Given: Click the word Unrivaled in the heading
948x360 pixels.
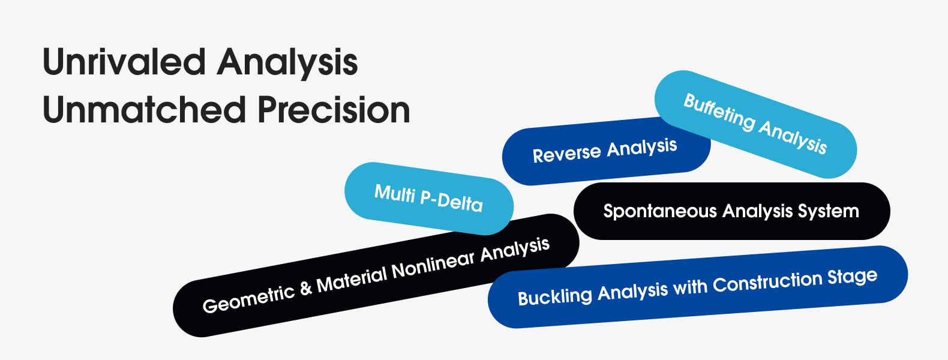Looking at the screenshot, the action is (124, 62).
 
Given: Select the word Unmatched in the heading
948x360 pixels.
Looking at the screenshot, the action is (145, 110).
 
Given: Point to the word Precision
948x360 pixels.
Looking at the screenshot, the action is (334, 110).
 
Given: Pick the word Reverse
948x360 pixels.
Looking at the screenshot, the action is (566, 153).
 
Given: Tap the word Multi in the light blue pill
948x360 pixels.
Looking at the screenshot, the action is (395, 194).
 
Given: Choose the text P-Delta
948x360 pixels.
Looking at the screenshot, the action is (451, 202).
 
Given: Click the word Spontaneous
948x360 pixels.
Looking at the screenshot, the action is (660, 211).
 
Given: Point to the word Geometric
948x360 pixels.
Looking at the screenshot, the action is (249, 299).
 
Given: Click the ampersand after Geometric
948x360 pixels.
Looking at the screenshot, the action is (305, 287).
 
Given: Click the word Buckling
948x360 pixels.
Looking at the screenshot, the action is (555, 297).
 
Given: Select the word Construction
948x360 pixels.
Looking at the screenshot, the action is (767, 282).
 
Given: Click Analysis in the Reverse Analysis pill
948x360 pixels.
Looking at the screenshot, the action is (641, 147).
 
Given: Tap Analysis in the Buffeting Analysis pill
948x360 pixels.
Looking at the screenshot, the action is (792, 136).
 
